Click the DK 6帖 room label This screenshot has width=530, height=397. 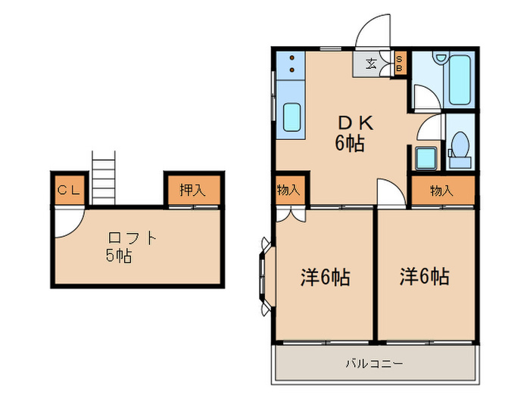[353, 133]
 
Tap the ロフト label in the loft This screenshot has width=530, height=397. [132, 238]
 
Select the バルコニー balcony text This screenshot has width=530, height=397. [374, 364]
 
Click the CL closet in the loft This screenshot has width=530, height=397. [70, 191]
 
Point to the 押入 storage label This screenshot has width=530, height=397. [192, 190]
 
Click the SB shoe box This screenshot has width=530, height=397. [399, 64]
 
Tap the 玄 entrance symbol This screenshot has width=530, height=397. [371, 63]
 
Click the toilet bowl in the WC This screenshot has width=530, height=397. [460, 145]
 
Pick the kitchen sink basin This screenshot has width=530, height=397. [291, 117]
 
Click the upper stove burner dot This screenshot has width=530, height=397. [292, 58]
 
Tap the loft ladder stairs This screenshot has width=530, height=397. [104, 178]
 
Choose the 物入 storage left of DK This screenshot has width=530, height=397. [288, 190]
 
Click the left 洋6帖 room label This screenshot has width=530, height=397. [325, 278]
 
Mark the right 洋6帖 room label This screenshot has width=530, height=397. [425, 277]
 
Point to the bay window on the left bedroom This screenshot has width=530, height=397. [265, 276]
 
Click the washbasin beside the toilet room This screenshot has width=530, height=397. [426, 158]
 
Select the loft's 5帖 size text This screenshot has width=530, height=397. [119, 256]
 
